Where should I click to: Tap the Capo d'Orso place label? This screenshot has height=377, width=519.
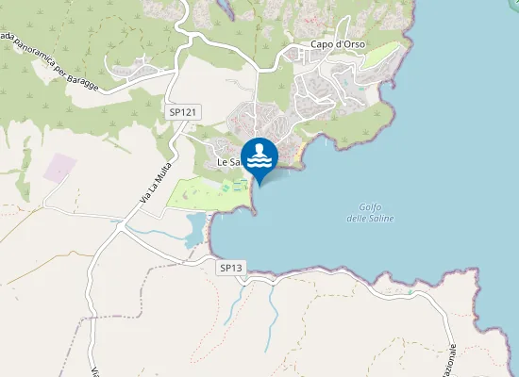pyautogui.click(x=338, y=44)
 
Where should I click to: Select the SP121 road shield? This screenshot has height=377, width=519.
pyautogui.click(x=183, y=112)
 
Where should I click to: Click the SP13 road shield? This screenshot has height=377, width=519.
pyautogui.click(x=231, y=268)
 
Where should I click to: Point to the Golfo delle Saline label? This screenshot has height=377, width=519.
pyautogui.click(x=377, y=213)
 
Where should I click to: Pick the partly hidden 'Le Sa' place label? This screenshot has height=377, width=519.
pyautogui.click(x=229, y=162)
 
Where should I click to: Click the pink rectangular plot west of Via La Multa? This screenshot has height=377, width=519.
pyautogui.click(x=60, y=168)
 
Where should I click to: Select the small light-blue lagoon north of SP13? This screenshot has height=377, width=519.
pyautogui.click(x=194, y=228)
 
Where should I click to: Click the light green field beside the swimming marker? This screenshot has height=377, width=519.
pyautogui.click(x=209, y=192)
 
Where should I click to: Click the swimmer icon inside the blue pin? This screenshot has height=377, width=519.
pyautogui.click(x=259, y=154)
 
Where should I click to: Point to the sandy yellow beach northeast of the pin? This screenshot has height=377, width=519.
pyautogui.click(x=298, y=150)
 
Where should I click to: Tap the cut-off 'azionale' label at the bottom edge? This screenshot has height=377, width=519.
pyautogui.click(x=451, y=363)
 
